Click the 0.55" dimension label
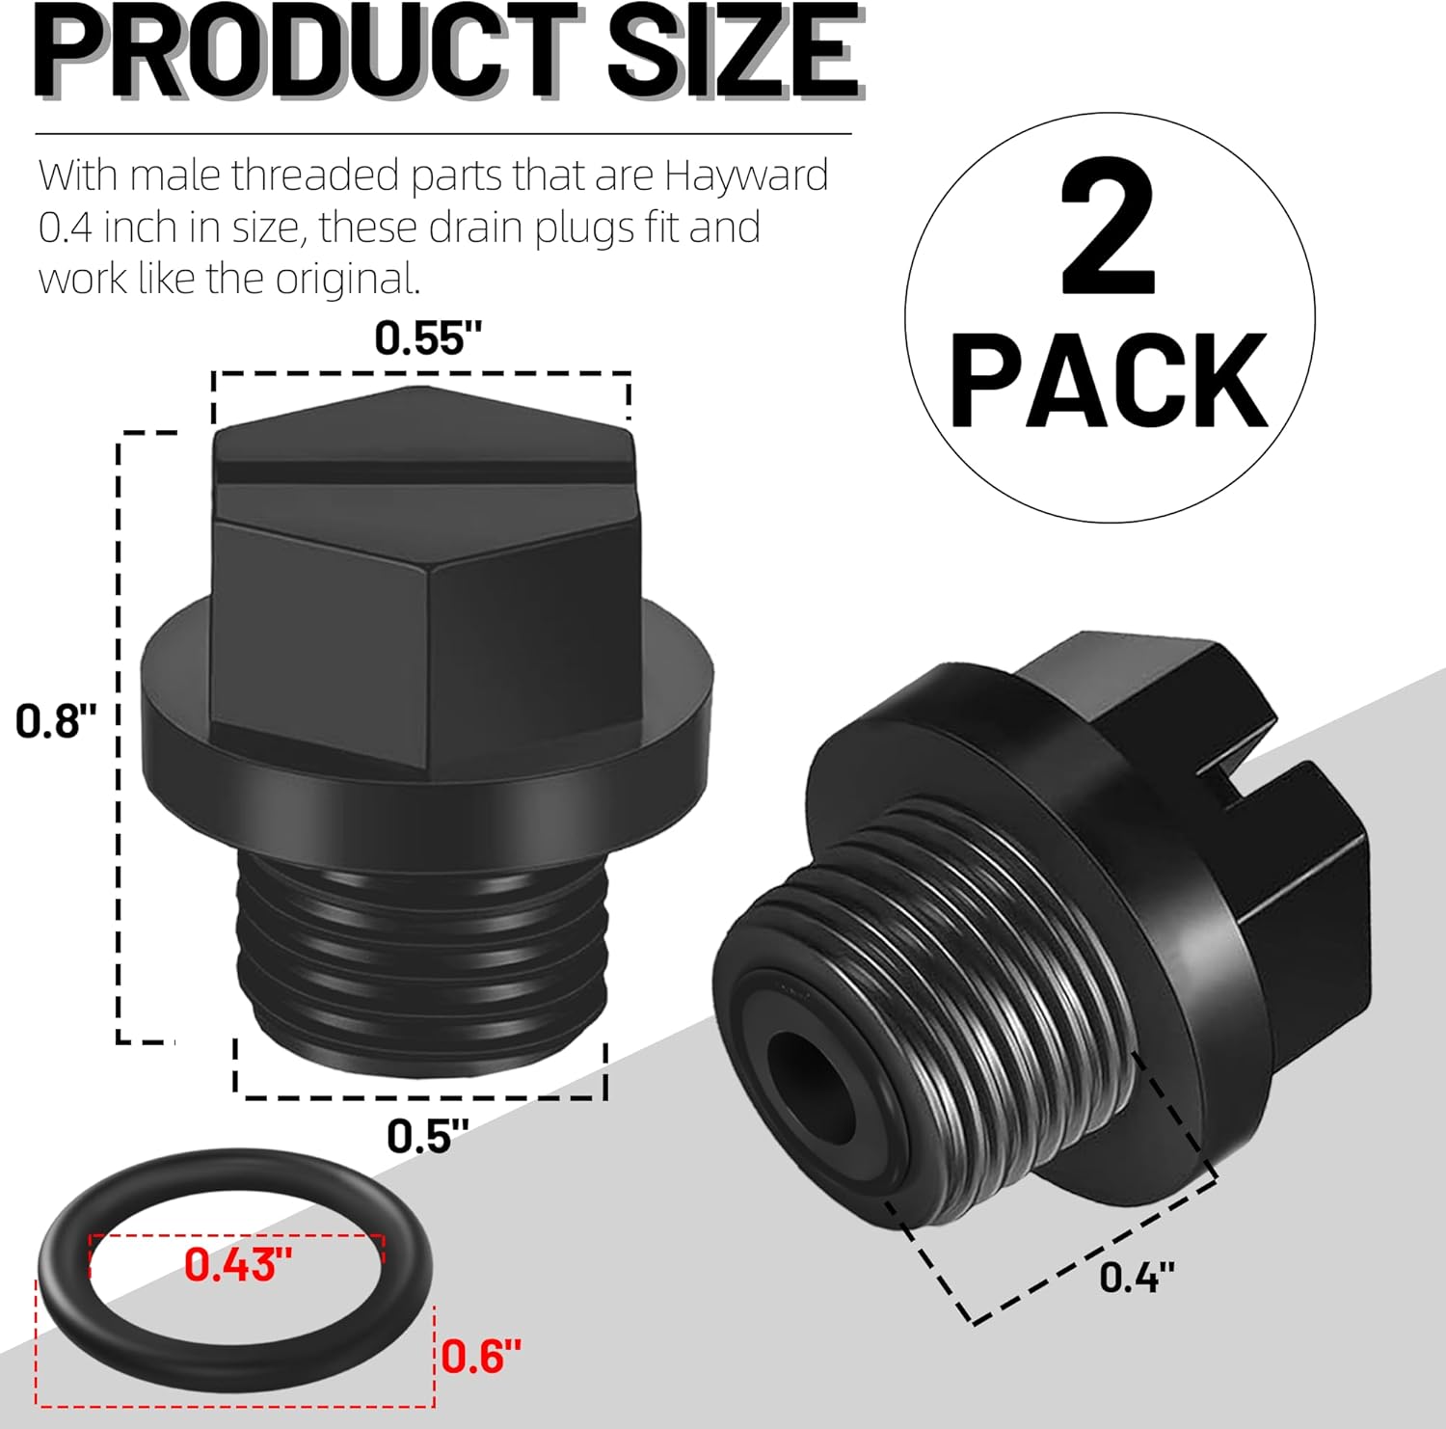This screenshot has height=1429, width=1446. (x=427, y=338)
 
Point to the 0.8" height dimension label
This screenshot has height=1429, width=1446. (x=56, y=721)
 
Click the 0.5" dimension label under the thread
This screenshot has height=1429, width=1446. (x=427, y=1136)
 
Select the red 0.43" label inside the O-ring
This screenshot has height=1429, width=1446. (x=237, y=1265)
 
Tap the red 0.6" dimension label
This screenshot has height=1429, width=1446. (x=481, y=1357)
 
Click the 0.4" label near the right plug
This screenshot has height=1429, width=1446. (x=1137, y=1278)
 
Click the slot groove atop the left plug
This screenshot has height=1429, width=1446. (x=424, y=472)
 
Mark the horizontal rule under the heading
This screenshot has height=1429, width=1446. (x=443, y=133)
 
